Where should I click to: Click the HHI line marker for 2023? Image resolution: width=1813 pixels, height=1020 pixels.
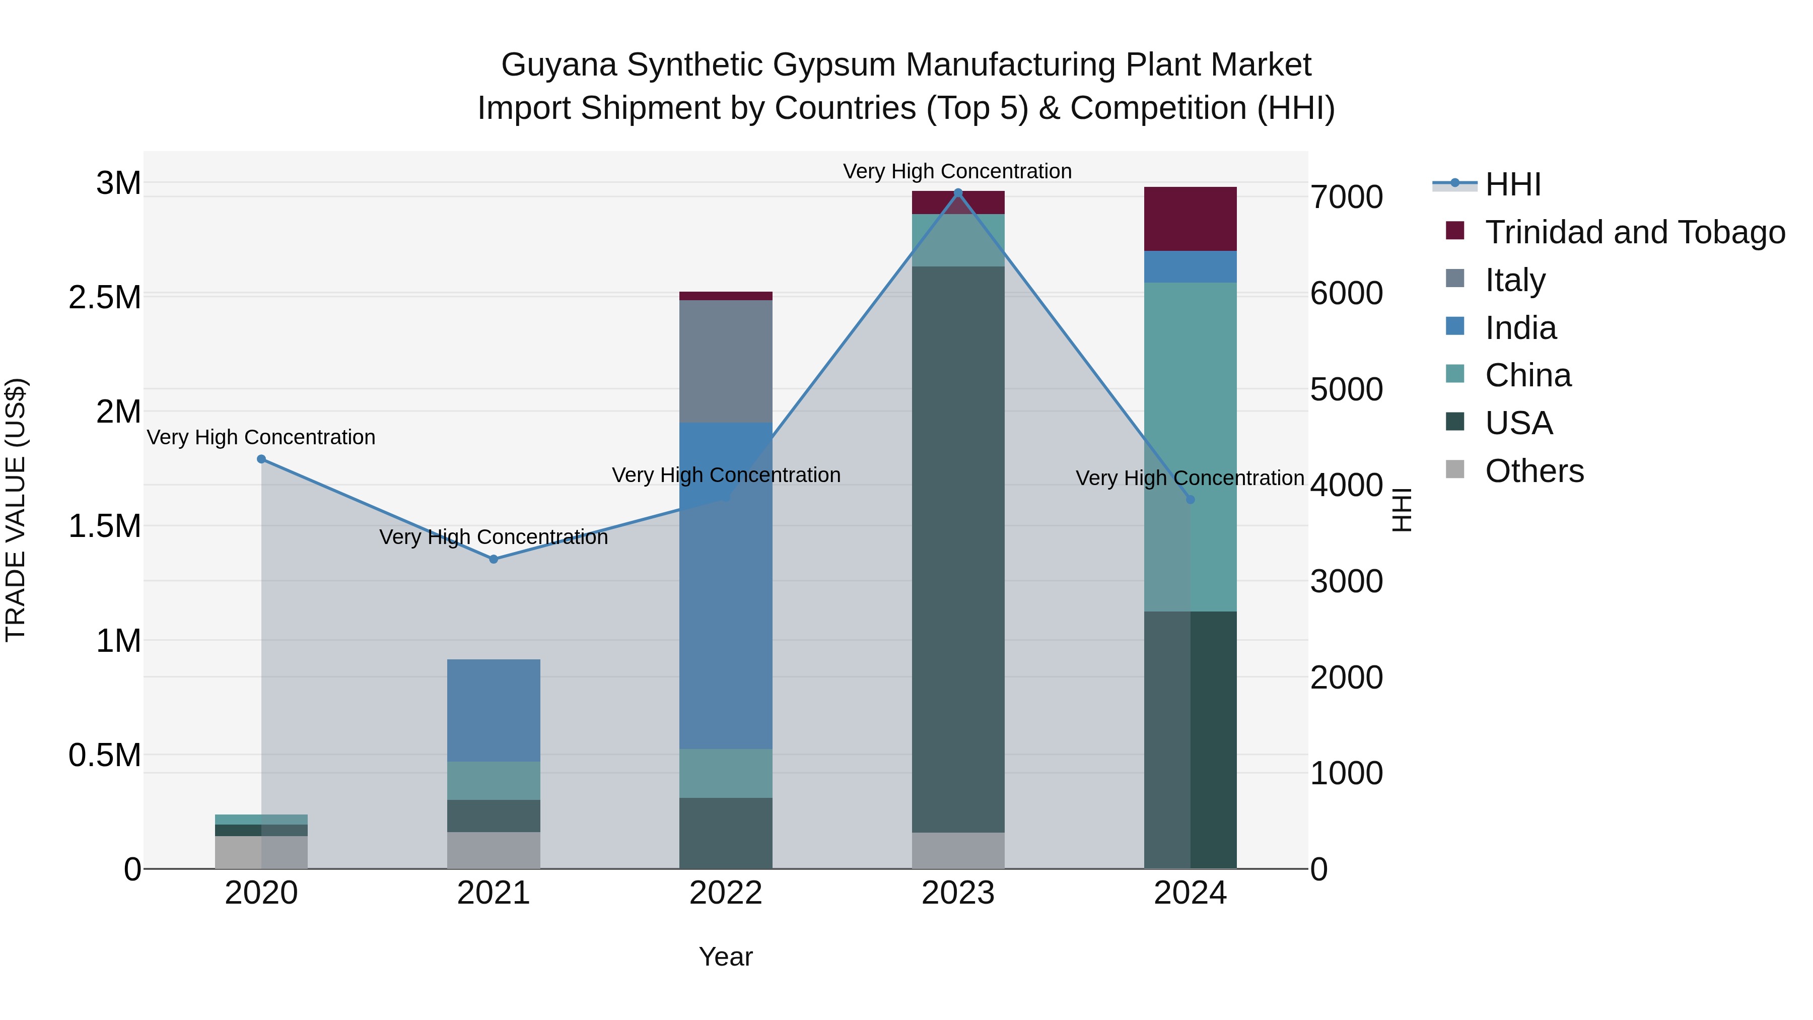(958, 193)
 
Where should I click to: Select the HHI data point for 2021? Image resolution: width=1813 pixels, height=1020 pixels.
(494, 559)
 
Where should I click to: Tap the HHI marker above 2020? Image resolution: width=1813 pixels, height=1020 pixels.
(261, 459)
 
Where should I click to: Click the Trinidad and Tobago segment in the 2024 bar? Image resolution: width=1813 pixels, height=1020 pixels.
(1190, 219)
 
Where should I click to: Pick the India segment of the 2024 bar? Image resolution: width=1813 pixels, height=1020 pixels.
(1190, 267)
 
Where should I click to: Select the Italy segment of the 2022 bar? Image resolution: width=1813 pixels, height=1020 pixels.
(726, 361)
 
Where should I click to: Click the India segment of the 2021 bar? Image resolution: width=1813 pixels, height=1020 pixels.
(494, 710)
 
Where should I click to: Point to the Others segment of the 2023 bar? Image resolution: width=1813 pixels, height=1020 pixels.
(958, 850)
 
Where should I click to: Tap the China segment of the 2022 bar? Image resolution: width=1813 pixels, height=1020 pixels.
(726, 773)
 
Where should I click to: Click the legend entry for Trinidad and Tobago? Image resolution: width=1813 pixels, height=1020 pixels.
(1634, 232)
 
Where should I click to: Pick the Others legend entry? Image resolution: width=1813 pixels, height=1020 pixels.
(1535, 471)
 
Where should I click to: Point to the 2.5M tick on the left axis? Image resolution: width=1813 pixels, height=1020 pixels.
(104, 297)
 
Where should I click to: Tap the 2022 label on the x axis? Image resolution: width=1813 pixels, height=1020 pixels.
(726, 893)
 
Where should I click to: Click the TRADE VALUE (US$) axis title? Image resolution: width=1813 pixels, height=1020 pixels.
(16, 510)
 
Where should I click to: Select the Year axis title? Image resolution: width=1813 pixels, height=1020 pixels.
(726, 957)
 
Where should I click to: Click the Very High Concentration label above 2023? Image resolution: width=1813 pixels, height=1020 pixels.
(957, 171)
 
